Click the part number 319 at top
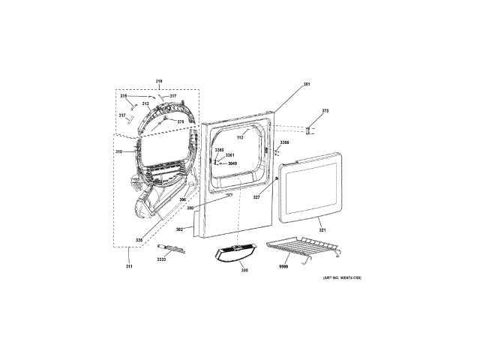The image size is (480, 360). point(159,81)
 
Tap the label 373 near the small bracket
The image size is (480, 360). point(325,111)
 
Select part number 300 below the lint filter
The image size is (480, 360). point(244,270)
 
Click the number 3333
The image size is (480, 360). point(161,259)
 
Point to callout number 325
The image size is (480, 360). point(139,240)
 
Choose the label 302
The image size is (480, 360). point(180,228)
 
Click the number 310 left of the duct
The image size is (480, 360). point(118,151)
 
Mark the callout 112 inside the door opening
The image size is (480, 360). point(241,139)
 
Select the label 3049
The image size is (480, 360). point(232,163)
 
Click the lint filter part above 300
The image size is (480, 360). point(235,253)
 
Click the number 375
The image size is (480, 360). point(180,121)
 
